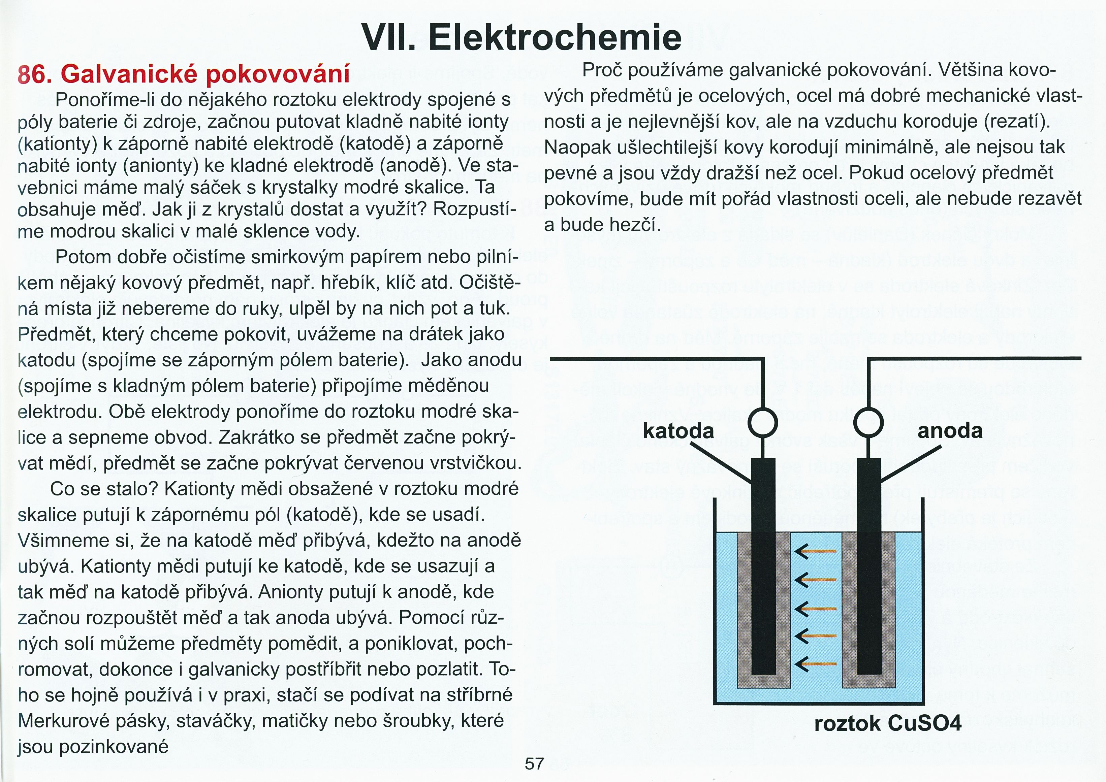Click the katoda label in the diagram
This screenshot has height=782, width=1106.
coord(678,430)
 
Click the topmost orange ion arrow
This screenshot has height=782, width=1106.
coord(816,551)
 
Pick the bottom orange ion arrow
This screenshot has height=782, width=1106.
coord(816,664)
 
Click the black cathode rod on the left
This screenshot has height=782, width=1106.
coord(763,568)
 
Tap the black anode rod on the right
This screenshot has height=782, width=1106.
coord(869,568)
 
